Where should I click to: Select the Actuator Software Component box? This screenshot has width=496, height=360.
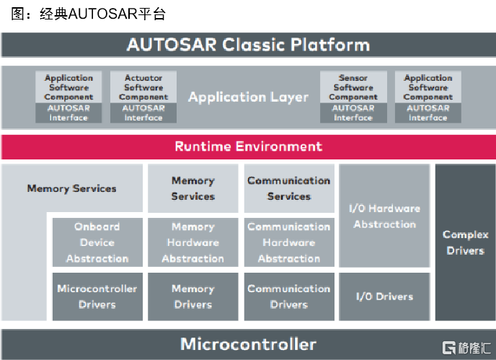click(143, 87)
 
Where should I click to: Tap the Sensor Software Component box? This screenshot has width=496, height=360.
click(353, 87)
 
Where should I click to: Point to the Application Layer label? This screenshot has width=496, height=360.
click(248, 97)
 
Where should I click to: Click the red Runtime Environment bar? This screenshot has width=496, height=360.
click(248, 146)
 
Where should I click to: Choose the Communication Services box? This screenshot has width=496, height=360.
click(289, 188)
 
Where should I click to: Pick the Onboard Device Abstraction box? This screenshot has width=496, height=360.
click(97, 242)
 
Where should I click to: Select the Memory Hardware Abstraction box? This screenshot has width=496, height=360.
click(192, 242)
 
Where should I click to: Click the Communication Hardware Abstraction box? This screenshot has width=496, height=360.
click(289, 242)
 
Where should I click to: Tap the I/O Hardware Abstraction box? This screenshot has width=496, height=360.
click(384, 216)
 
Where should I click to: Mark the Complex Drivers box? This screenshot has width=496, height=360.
click(465, 242)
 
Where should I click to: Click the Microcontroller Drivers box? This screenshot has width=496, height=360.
click(97, 297)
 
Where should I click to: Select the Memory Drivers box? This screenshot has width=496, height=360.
click(192, 297)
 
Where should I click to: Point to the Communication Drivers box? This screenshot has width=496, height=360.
click(289, 297)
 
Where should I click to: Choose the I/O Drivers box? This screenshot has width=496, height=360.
click(384, 297)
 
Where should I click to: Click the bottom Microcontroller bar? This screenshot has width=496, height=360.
click(248, 343)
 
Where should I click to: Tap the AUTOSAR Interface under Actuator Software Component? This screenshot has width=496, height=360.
click(143, 113)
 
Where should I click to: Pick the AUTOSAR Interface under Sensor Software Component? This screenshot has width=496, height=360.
click(353, 113)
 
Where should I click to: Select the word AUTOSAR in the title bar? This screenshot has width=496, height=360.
click(163, 45)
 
